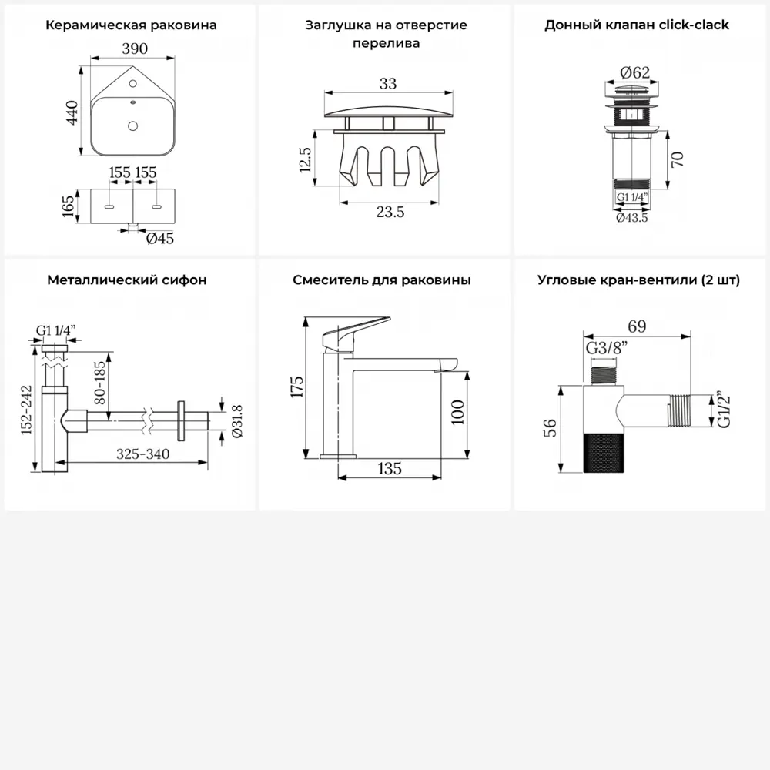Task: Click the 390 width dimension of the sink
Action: [x=135, y=49]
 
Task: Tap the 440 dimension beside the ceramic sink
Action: [x=72, y=112]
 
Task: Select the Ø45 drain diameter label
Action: [x=159, y=239]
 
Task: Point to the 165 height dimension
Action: [x=69, y=206]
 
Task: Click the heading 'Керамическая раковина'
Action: [x=131, y=25]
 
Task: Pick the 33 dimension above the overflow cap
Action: [x=388, y=83]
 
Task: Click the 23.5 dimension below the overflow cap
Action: [x=390, y=213]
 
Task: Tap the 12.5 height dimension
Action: [x=305, y=159]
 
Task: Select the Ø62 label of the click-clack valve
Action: [x=635, y=72]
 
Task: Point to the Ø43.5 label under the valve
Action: [x=632, y=218]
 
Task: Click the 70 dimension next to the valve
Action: [x=677, y=159]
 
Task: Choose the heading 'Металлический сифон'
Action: [x=127, y=280]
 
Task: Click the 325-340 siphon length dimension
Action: [x=143, y=454]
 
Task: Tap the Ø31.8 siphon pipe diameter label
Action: [x=236, y=421]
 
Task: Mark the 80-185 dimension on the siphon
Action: [x=99, y=383]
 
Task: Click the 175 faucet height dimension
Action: [x=297, y=387]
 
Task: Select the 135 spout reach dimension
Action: [x=390, y=468]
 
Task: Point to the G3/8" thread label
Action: [x=607, y=348]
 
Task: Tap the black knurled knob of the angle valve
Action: [x=604, y=454]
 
